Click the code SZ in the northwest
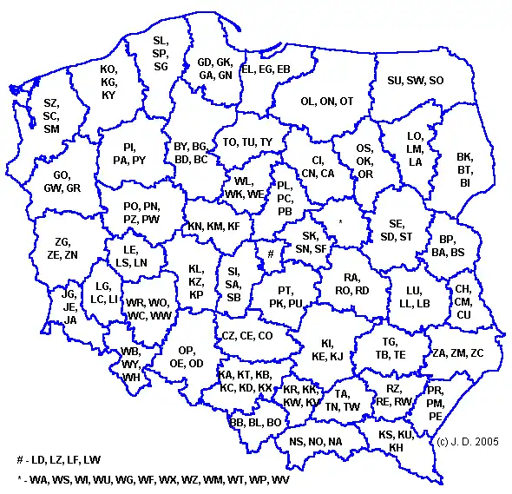click(x=50, y=103)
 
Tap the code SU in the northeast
click(x=395, y=81)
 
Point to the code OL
click(x=308, y=102)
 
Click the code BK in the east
click(x=464, y=157)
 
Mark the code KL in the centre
click(x=196, y=270)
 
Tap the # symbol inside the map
click(x=270, y=254)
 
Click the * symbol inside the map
click(x=340, y=223)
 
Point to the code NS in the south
click(x=297, y=441)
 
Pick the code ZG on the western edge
click(x=62, y=242)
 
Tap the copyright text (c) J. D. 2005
click(x=469, y=442)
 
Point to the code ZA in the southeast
click(x=439, y=353)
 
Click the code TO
click(x=230, y=142)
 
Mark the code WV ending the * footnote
click(x=280, y=479)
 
